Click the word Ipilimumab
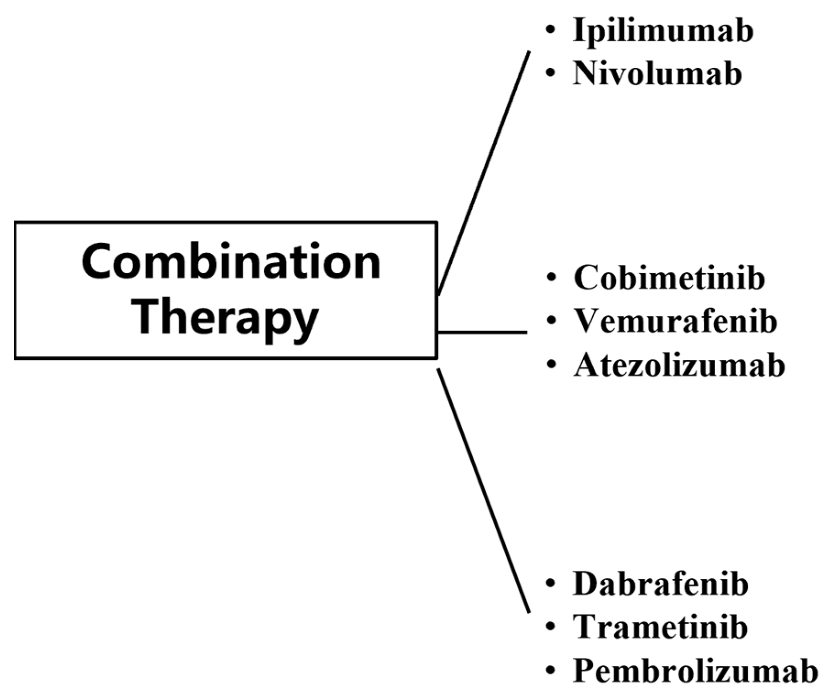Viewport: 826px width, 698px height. [x=662, y=31]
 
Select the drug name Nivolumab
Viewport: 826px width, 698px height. [x=657, y=74]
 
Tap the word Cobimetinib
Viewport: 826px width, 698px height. [x=669, y=278]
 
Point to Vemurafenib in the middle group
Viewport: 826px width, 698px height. [x=675, y=321]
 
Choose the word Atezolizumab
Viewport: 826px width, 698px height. [x=679, y=365]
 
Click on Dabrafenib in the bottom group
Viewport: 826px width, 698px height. [x=661, y=584]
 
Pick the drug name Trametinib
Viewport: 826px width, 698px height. [x=660, y=627]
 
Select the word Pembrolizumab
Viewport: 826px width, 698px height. [x=695, y=671]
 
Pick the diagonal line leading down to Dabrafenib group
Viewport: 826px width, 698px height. [x=484, y=490]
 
